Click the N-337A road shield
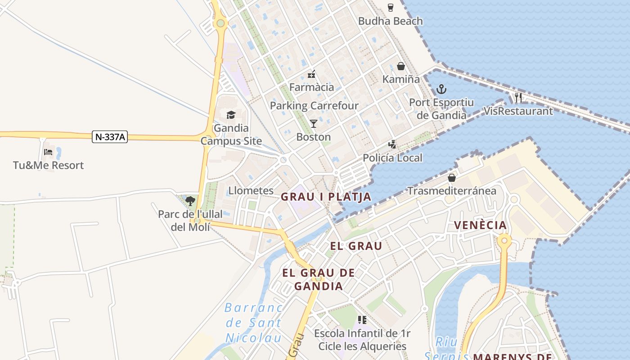click(x=110, y=137)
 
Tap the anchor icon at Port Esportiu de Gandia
click(x=441, y=89)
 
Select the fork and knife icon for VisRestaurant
click(x=518, y=97)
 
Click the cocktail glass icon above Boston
click(x=314, y=123)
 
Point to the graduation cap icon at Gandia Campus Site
click(x=231, y=115)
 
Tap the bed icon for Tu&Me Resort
click(x=48, y=152)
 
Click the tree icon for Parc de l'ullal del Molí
click(x=190, y=201)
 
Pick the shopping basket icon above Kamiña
click(x=401, y=66)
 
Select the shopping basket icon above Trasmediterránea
click(x=452, y=178)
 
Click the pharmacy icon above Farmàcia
click(x=311, y=74)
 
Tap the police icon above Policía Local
click(x=393, y=144)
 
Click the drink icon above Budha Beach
click(x=390, y=7)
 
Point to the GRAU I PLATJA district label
click(x=326, y=197)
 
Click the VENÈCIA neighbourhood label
click(x=480, y=225)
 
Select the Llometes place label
click(x=251, y=190)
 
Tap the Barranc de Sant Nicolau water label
click(x=253, y=323)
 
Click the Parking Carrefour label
click(x=314, y=106)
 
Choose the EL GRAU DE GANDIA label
click(x=319, y=279)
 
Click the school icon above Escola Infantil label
click(x=362, y=320)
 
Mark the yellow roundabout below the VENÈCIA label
click(x=504, y=240)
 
